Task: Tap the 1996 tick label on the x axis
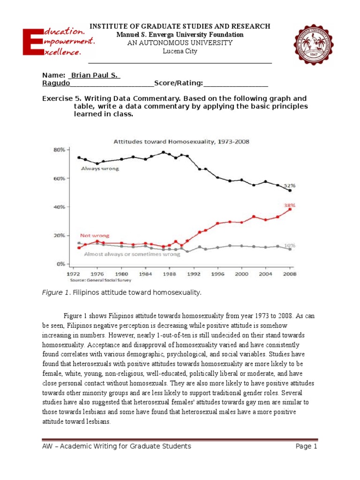coord(217,273)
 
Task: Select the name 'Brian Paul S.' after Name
coord(95,75)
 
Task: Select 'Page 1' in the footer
coord(307,446)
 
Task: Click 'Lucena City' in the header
coord(180,51)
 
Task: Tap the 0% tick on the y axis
coord(60,264)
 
